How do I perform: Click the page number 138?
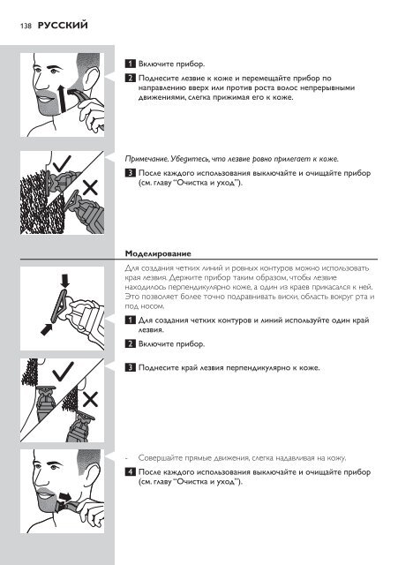pos(26,26)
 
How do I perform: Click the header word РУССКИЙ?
pos(63,26)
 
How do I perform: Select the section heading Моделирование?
pos(158,253)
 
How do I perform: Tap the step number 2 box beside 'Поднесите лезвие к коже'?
pos(130,79)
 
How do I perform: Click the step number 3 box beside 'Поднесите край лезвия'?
pos(130,368)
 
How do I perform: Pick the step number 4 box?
pos(130,472)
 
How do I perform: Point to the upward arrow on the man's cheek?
pos(63,98)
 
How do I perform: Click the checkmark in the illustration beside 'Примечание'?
pos(62,163)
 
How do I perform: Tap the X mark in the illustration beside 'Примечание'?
pos(90,188)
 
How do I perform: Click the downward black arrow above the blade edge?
pos(64,281)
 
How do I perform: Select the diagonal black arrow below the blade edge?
pos(47,328)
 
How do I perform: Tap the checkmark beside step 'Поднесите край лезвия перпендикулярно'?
pos(63,372)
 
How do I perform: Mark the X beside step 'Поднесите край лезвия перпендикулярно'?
pos(90,400)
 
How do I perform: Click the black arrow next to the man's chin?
pos(65,496)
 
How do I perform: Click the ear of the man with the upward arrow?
pos(91,78)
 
